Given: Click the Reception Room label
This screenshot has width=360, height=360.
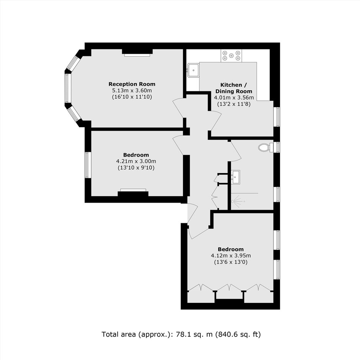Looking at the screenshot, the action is (132, 84).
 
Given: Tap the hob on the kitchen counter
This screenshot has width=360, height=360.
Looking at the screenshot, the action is (231, 56).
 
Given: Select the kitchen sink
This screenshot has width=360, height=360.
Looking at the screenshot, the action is (193, 70).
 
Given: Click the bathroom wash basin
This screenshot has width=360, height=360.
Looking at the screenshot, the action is (235, 177).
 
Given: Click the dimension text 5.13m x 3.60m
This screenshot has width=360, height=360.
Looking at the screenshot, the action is (132, 90).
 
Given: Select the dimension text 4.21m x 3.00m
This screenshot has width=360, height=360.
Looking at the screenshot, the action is (136, 161).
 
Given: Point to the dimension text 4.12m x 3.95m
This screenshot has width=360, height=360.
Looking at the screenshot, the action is (231, 255).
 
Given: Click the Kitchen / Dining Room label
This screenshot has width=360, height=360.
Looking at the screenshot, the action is (234, 88).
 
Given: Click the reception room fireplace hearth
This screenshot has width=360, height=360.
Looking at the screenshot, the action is (137, 55).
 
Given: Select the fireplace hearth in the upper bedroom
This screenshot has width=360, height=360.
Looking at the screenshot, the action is (133, 190).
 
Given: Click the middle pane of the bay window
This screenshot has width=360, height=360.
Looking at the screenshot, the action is (67, 88).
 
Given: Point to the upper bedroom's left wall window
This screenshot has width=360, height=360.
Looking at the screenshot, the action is (87, 165).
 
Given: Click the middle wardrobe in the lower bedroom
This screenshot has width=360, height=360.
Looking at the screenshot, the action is (229, 292).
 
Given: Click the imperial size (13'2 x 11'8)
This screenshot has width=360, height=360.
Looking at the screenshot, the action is (234, 104).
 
